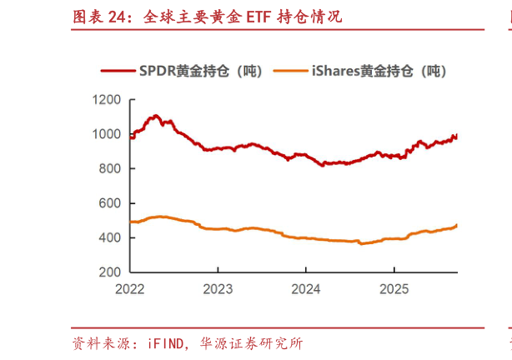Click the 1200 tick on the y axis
pyautogui.click(x=108, y=100)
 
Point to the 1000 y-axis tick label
pyautogui.click(x=108, y=134)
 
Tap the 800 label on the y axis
pyautogui.click(x=112, y=168)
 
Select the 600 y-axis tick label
pyautogui.click(x=112, y=203)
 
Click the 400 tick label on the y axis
pyautogui.click(x=112, y=237)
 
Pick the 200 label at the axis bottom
pyautogui.click(x=112, y=272)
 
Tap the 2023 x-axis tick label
pyautogui.click(x=218, y=289)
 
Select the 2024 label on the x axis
pyautogui.click(x=306, y=289)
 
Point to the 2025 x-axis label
pyautogui.click(x=394, y=289)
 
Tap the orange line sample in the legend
pyautogui.click(x=291, y=72)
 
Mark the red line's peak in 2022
pyautogui.click(x=156, y=116)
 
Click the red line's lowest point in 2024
pyautogui.click(x=323, y=165)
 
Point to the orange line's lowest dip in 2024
pyautogui.click(x=360, y=244)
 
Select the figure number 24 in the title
pyautogui.click(x=118, y=17)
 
